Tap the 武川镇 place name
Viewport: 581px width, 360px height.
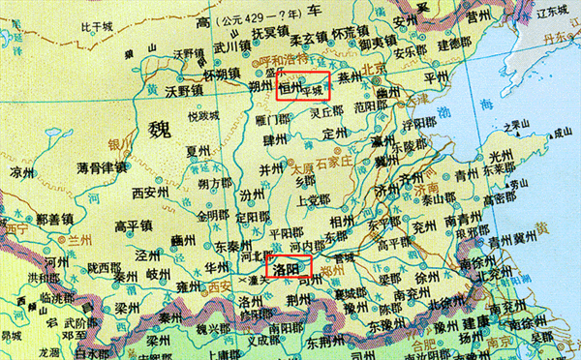(x=232, y=45)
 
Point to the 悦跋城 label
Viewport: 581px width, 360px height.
(x=204, y=116)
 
